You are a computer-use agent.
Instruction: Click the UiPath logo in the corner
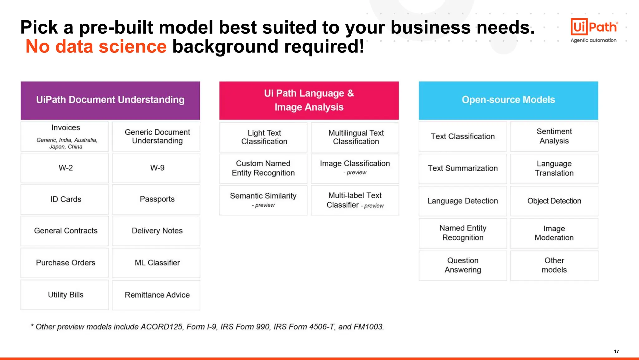click(x=594, y=27)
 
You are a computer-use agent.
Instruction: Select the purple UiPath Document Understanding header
click(x=110, y=100)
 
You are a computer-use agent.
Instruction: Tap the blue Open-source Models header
click(x=508, y=100)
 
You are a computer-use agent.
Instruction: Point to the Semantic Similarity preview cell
click(x=263, y=200)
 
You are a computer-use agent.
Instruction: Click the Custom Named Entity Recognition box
click(x=263, y=168)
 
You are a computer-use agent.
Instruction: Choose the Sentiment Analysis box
click(x=554, y=136)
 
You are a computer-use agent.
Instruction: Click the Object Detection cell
click(x=554, y=201)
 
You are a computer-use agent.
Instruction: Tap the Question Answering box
click(x=462, y=265)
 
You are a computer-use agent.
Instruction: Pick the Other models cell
click(x=554, y=265)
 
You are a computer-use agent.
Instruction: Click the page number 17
click(x=616, y=351)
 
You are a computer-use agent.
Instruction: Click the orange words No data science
click(x=96, y=47)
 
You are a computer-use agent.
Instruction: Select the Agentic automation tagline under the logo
click(x=593, y=40)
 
